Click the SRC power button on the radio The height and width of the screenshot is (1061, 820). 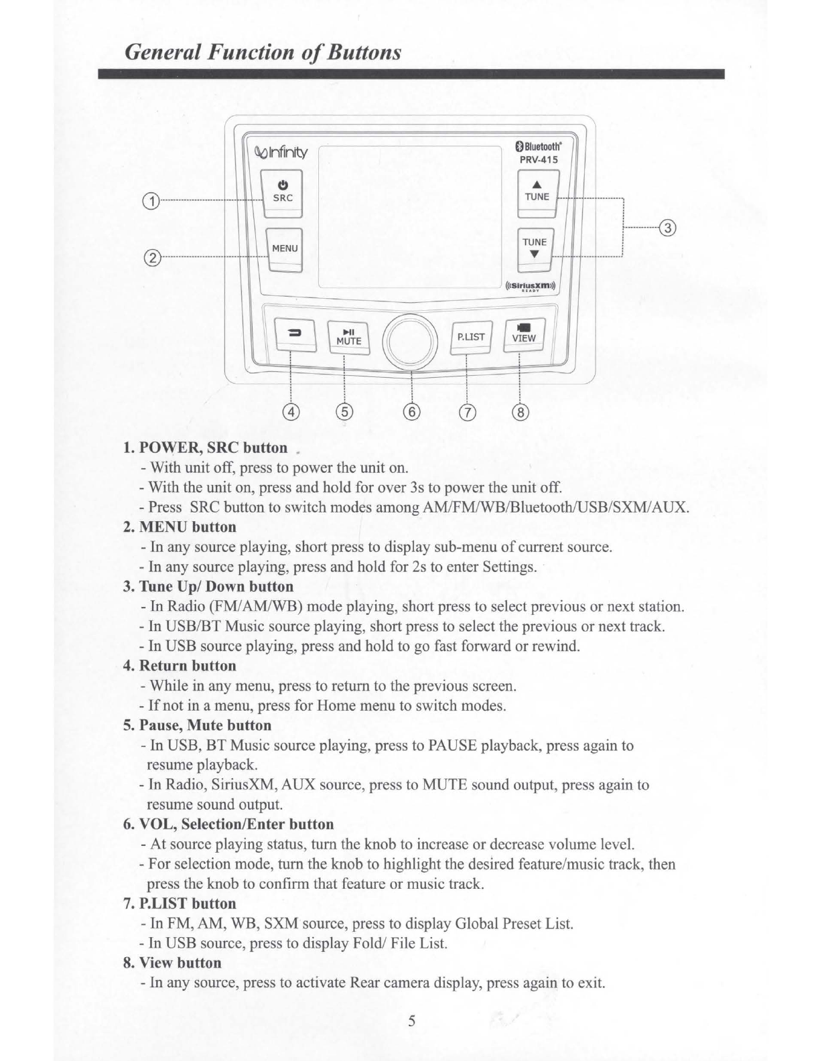(283, 192)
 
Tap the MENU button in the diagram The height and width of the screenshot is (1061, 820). (284, 249)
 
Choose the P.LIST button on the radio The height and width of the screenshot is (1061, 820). (471, 337)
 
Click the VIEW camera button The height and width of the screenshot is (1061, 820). (524, 334)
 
